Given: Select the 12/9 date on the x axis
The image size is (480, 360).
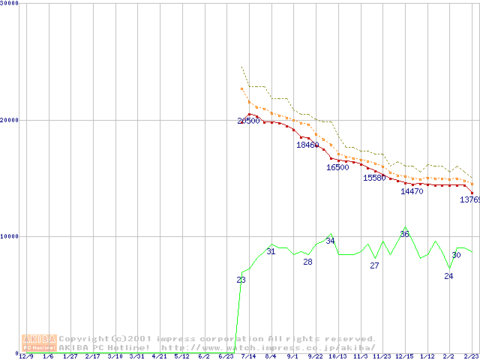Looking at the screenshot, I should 26,356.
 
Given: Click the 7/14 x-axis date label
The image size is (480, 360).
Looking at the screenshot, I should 247,356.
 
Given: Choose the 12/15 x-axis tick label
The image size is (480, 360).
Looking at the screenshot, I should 404,356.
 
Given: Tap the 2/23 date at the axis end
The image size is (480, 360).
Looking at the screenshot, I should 470,356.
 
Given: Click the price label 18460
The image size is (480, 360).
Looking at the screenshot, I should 307,145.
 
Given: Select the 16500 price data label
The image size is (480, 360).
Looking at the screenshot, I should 337,167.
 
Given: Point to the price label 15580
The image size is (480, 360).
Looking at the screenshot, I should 374,178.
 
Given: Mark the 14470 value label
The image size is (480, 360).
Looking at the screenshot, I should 412,191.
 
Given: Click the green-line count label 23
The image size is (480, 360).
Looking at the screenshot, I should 241,280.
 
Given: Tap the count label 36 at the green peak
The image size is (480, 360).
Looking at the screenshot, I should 404,234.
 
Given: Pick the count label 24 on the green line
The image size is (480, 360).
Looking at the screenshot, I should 448,276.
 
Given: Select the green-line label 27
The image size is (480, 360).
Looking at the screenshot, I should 375,265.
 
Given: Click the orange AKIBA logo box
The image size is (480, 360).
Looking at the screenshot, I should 39,343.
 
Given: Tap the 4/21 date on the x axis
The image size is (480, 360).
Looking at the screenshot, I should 159,356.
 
